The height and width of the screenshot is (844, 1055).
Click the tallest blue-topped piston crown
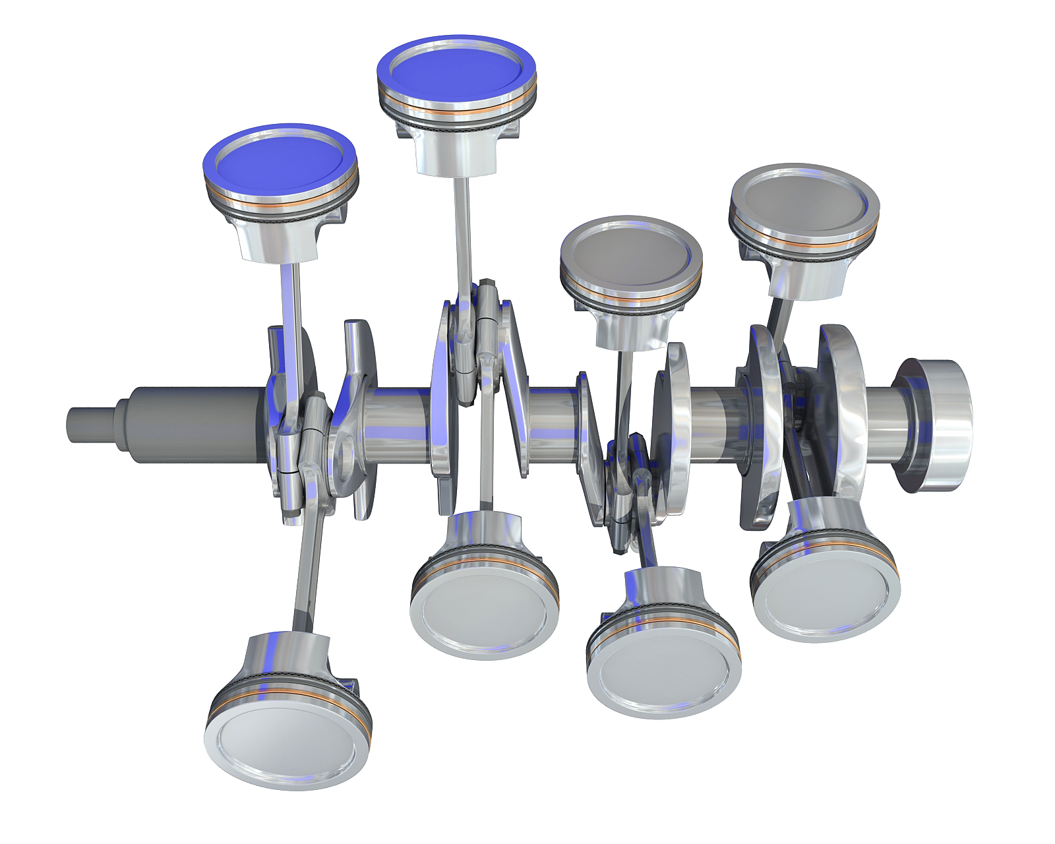click(456, 68)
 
